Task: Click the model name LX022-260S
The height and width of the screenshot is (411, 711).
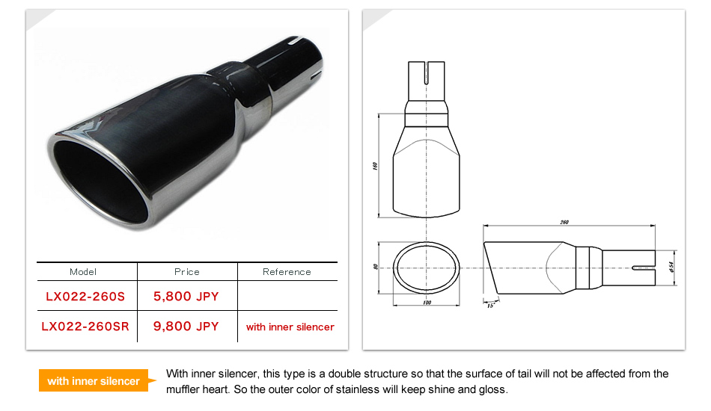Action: point(85,297)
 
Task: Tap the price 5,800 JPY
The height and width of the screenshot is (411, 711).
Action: point(186,297)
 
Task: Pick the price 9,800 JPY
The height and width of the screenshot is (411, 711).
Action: point(186,327)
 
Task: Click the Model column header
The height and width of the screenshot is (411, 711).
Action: point(83,272)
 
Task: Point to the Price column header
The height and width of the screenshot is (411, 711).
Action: point(187,272)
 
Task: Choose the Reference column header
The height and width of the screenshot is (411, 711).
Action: point(287,272)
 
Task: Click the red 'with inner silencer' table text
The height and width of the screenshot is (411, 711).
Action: point(290,327)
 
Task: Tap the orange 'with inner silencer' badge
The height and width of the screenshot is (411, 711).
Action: point(94,381)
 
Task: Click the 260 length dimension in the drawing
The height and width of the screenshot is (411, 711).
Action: point(564,222)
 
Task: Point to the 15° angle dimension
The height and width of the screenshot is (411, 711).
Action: point(491,305)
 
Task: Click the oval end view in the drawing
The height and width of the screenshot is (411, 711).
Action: point(427,267)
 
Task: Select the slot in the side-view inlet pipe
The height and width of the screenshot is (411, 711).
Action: point(642,267)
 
